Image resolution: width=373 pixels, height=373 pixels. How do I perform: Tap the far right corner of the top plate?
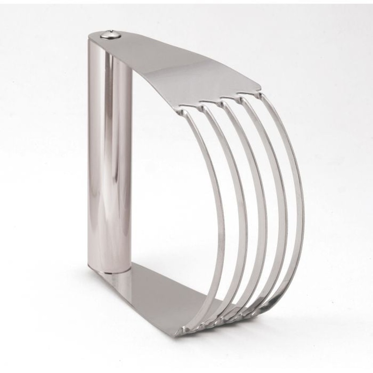pyautogui.click(x=260, y=85)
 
